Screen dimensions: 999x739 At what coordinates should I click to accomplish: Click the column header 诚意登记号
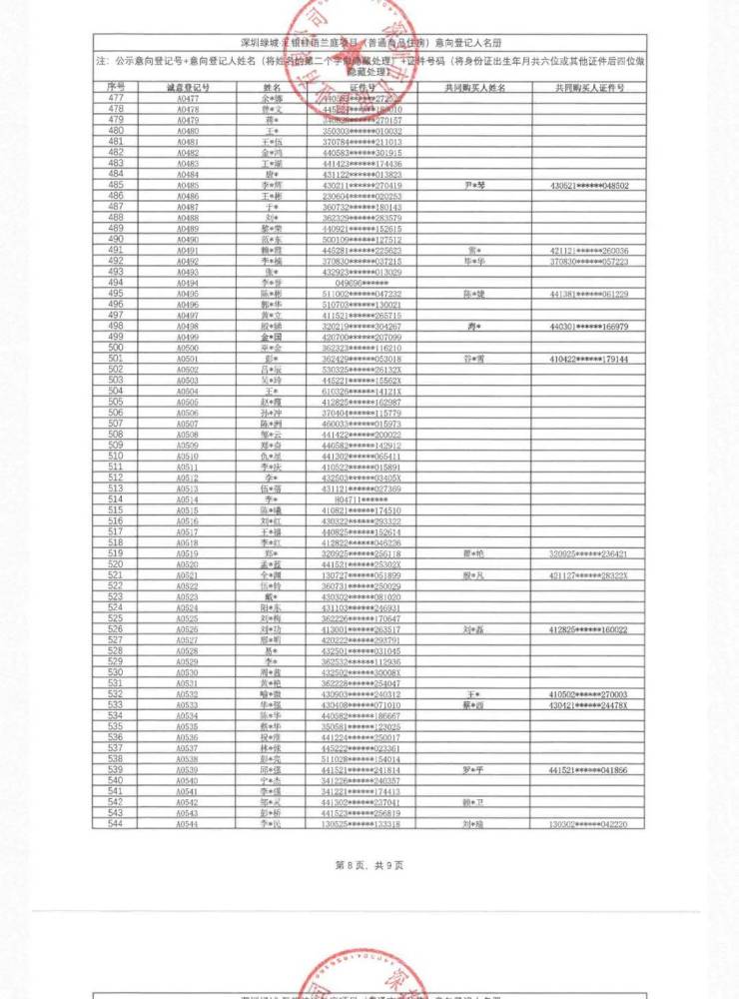(188, 88)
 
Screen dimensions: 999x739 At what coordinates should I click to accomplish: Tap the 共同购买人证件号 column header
(589, 88)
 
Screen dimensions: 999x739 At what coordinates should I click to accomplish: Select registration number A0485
(188, 186)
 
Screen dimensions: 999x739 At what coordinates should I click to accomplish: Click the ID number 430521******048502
(589, 186)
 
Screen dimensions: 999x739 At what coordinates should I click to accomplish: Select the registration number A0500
(188, 349)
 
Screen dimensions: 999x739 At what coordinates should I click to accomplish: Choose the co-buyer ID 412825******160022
(589, 630)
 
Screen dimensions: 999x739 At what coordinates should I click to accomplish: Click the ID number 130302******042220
(589, 825)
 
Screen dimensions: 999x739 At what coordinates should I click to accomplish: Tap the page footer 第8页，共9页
(369, 865)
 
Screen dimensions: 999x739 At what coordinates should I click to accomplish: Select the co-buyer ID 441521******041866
(589, 771)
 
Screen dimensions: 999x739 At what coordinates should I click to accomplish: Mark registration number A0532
(188, 695)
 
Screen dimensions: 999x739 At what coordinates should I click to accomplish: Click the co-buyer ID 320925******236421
(589, 554)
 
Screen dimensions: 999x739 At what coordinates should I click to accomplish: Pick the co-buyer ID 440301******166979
(589, 327)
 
